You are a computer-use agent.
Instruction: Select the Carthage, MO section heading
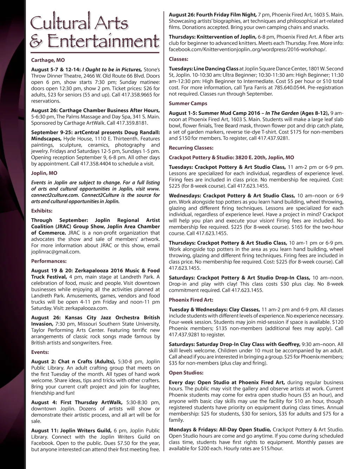(x=48, y=60)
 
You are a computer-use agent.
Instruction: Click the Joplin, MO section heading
(x=44, y=173)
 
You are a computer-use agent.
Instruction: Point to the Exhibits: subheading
(x=41, y=211)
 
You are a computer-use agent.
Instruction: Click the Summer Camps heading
(x=188, y=103)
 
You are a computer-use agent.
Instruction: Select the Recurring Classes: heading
(x=191, y=148)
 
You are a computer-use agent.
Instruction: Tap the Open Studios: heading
(x=186, y=373)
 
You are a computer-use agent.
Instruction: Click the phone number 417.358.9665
(x=137, y=95)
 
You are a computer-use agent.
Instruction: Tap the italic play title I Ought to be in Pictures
(x=112, y=70)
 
